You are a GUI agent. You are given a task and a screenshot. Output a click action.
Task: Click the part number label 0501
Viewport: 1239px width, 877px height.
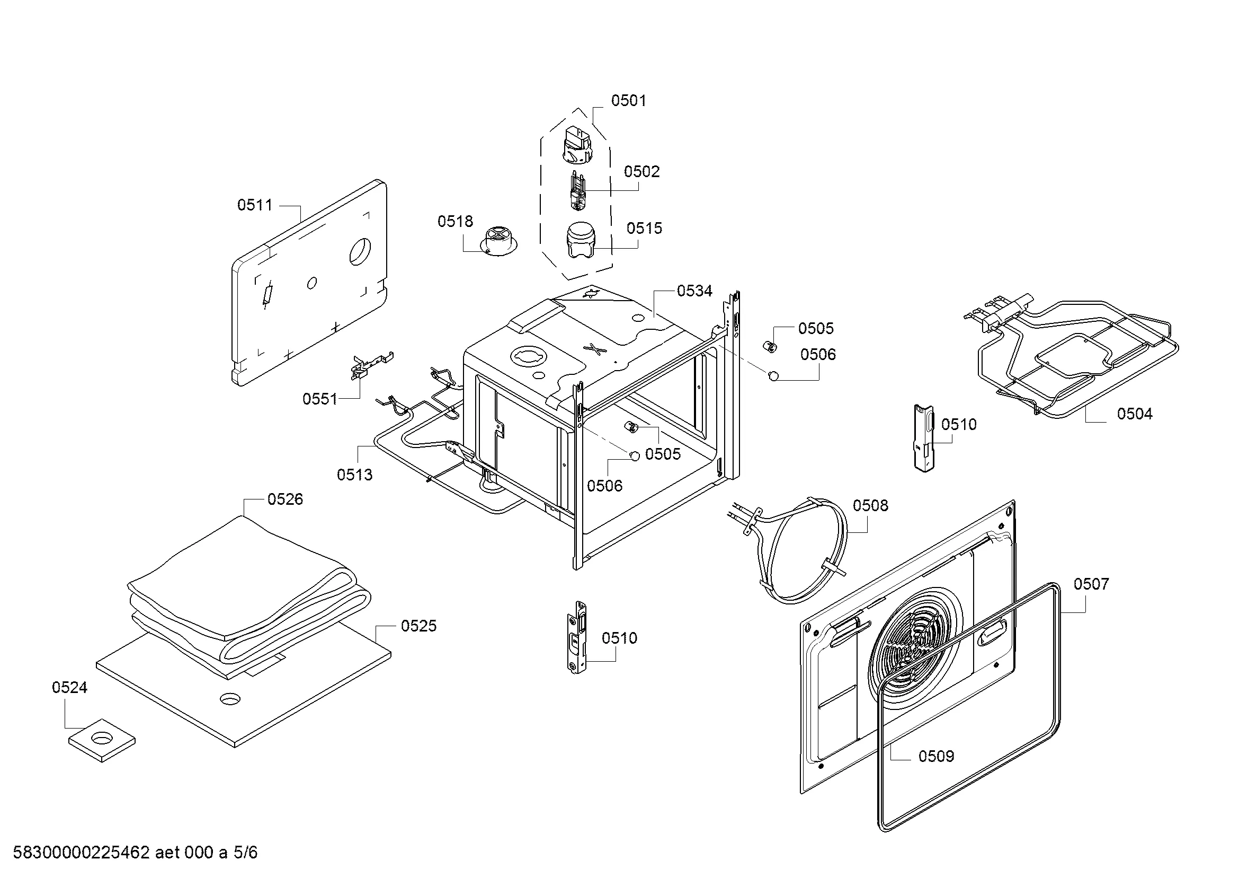pos(628,100)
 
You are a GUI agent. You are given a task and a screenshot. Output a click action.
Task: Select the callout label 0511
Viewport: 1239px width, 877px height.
pos(255,205)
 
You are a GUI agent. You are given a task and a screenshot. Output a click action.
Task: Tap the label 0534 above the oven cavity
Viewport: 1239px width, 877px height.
pos(694,291)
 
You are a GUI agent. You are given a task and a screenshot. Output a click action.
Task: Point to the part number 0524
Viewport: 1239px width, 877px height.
pos(69,688)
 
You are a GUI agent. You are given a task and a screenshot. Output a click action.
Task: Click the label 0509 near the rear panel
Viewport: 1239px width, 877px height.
pos(936,756)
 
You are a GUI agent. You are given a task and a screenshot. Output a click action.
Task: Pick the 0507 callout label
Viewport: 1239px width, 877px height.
pos(1091,584)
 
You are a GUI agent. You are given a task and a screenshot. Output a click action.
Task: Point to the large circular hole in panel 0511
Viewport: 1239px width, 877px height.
pos(360,251)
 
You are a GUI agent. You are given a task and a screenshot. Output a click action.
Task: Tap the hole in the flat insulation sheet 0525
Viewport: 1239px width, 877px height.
pos(230,698)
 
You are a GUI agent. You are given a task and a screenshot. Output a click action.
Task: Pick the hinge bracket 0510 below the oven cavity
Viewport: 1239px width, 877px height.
pos(578,637)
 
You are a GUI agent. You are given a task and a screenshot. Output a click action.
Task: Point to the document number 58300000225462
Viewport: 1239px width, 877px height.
pos(81,853)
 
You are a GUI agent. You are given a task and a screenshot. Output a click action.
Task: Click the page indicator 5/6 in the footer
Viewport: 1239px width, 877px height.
pos(245,853)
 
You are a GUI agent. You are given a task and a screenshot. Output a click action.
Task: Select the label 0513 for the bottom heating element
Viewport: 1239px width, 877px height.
pos(354,475)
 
